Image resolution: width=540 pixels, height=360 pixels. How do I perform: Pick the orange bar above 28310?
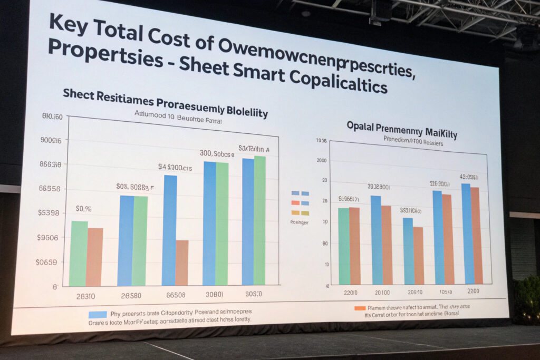[x=95, y=257]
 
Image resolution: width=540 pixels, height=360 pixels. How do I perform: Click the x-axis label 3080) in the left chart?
[x=215, y=294]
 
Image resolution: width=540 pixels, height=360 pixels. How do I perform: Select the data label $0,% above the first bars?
[x=83, y=209]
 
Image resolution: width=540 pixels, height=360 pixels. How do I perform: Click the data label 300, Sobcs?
[x=216, y=153]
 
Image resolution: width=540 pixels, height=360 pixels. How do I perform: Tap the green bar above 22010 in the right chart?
[x=344, y=246]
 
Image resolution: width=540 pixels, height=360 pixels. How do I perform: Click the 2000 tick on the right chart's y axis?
[x=321, y=160]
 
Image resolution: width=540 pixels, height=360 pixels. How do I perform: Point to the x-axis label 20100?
[x=382, y=292]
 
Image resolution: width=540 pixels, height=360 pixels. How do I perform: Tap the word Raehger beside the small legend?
[x=299, y=222]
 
